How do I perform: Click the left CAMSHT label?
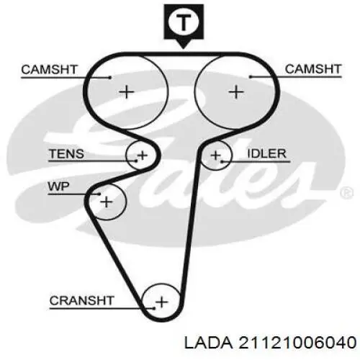[x=49, y=70]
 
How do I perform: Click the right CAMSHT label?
[x=313, y=69]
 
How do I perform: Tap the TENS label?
[x=66, y=153]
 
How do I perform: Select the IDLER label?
[x=266, y=153]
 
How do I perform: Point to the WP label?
[x=58, y=186]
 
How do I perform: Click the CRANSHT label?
[x=81, y=301]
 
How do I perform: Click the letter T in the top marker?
[x=184, y=22]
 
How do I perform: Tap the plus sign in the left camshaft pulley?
[x=127, y=92]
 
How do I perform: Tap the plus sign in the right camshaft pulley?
[x=236, y=92]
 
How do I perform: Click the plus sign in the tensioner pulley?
[x=143, y=156]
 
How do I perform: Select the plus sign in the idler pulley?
[x=215, y=156]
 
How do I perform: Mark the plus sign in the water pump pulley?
[x=107, y=202]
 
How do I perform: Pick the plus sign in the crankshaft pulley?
[x=161, y=302]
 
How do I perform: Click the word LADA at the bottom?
[x=208, y=342]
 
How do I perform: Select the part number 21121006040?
[x=297, y=342]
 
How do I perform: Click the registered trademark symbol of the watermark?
[x=347, y=193]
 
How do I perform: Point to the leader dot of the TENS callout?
[x=136, y=161]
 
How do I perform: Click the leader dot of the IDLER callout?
[x=222, y=161]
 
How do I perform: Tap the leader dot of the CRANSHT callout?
[x=154, y=308]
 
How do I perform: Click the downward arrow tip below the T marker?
[x=184, y=49]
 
